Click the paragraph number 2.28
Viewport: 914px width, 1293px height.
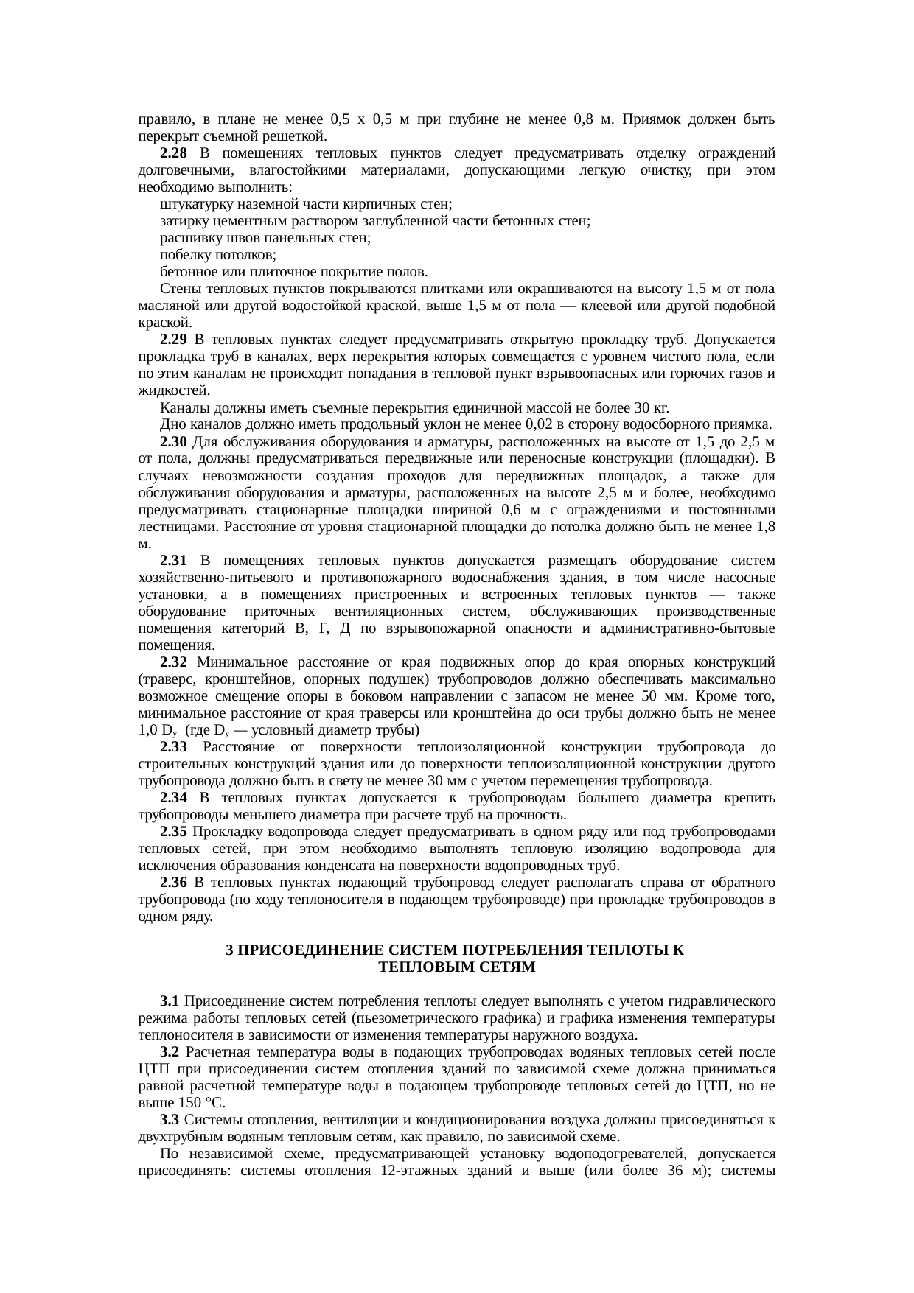(173, 153)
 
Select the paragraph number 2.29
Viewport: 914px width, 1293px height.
(173, 340)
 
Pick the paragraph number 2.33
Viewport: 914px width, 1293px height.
(173, 747)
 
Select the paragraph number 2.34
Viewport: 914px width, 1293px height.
(173, 798)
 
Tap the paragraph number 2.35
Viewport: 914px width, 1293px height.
(173, 832)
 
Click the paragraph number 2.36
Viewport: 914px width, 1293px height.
(173, 883)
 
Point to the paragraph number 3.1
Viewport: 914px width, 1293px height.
(170, 1001)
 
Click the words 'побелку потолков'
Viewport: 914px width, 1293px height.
(218, 255)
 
